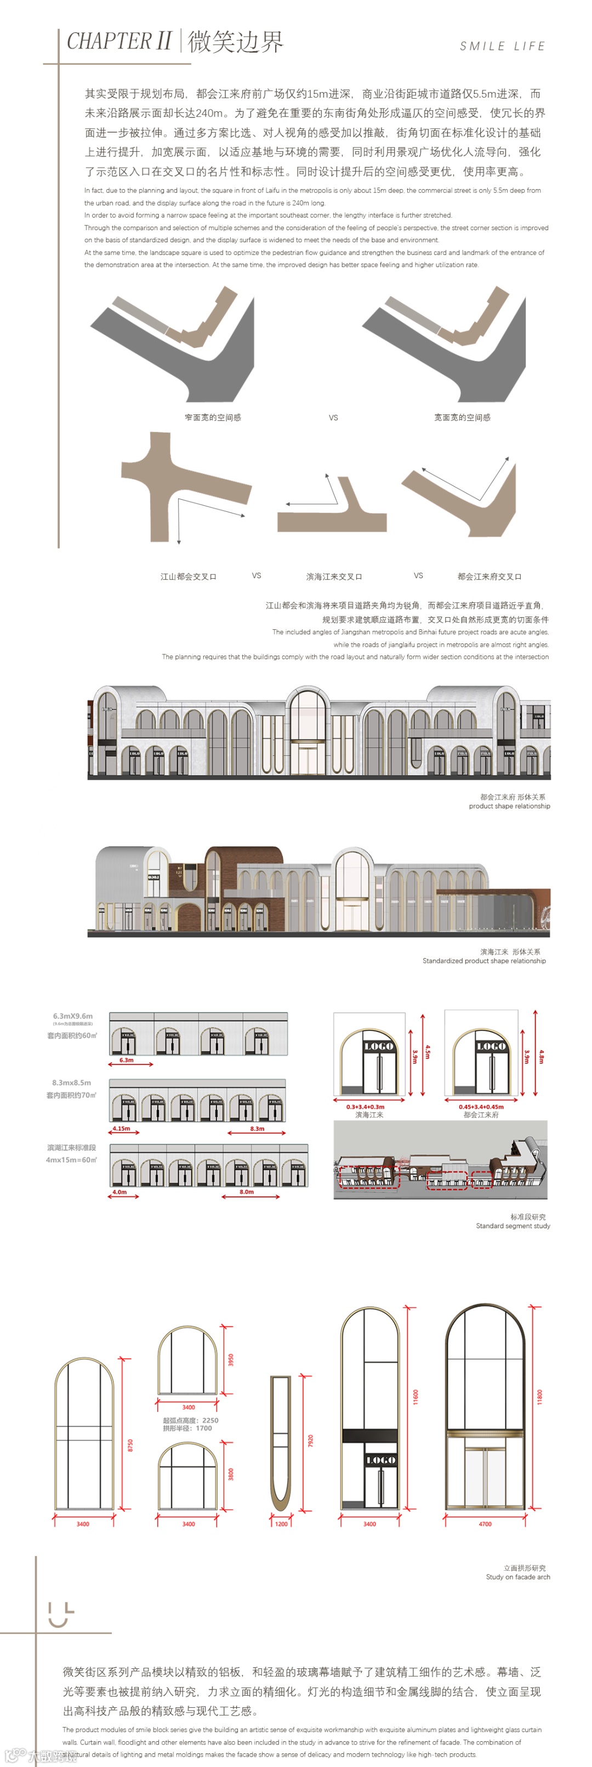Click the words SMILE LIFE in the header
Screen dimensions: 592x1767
[502, 46]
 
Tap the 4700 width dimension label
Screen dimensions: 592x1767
[485, 1524]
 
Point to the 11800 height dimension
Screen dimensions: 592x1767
[539, 1396]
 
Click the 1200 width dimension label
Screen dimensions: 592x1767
[281, 1524]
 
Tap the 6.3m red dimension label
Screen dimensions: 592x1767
[126, 1060]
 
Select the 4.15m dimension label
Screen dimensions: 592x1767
[122, 1128]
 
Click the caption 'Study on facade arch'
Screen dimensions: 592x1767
[518, 1577]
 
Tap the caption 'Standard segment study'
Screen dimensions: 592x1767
[513, 1226]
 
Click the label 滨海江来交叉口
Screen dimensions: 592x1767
[334, 576]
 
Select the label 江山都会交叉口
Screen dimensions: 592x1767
[188, 576]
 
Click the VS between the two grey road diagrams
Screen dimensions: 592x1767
[333, 417]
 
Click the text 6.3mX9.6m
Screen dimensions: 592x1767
[73, 1016]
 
